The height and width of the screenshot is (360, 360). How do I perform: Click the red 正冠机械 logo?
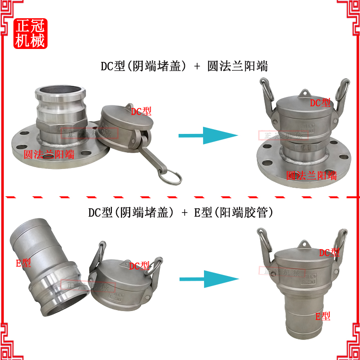(30, 34)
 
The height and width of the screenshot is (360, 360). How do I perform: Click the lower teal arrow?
(208, 279)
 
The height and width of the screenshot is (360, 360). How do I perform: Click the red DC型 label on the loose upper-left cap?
(141, 111)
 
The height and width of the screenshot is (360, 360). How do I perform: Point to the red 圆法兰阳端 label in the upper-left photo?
(49, 154)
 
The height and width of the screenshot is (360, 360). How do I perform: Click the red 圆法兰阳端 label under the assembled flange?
(311, 175)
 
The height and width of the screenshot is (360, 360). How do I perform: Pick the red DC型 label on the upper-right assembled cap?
(320, 102)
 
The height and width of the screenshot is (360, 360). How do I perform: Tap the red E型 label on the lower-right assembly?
(323, 316)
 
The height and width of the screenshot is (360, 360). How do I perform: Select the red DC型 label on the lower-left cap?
(139, 265)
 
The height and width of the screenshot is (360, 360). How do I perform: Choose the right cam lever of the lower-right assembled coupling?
(341, 245)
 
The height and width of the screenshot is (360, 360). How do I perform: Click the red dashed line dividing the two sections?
(180, 197)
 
